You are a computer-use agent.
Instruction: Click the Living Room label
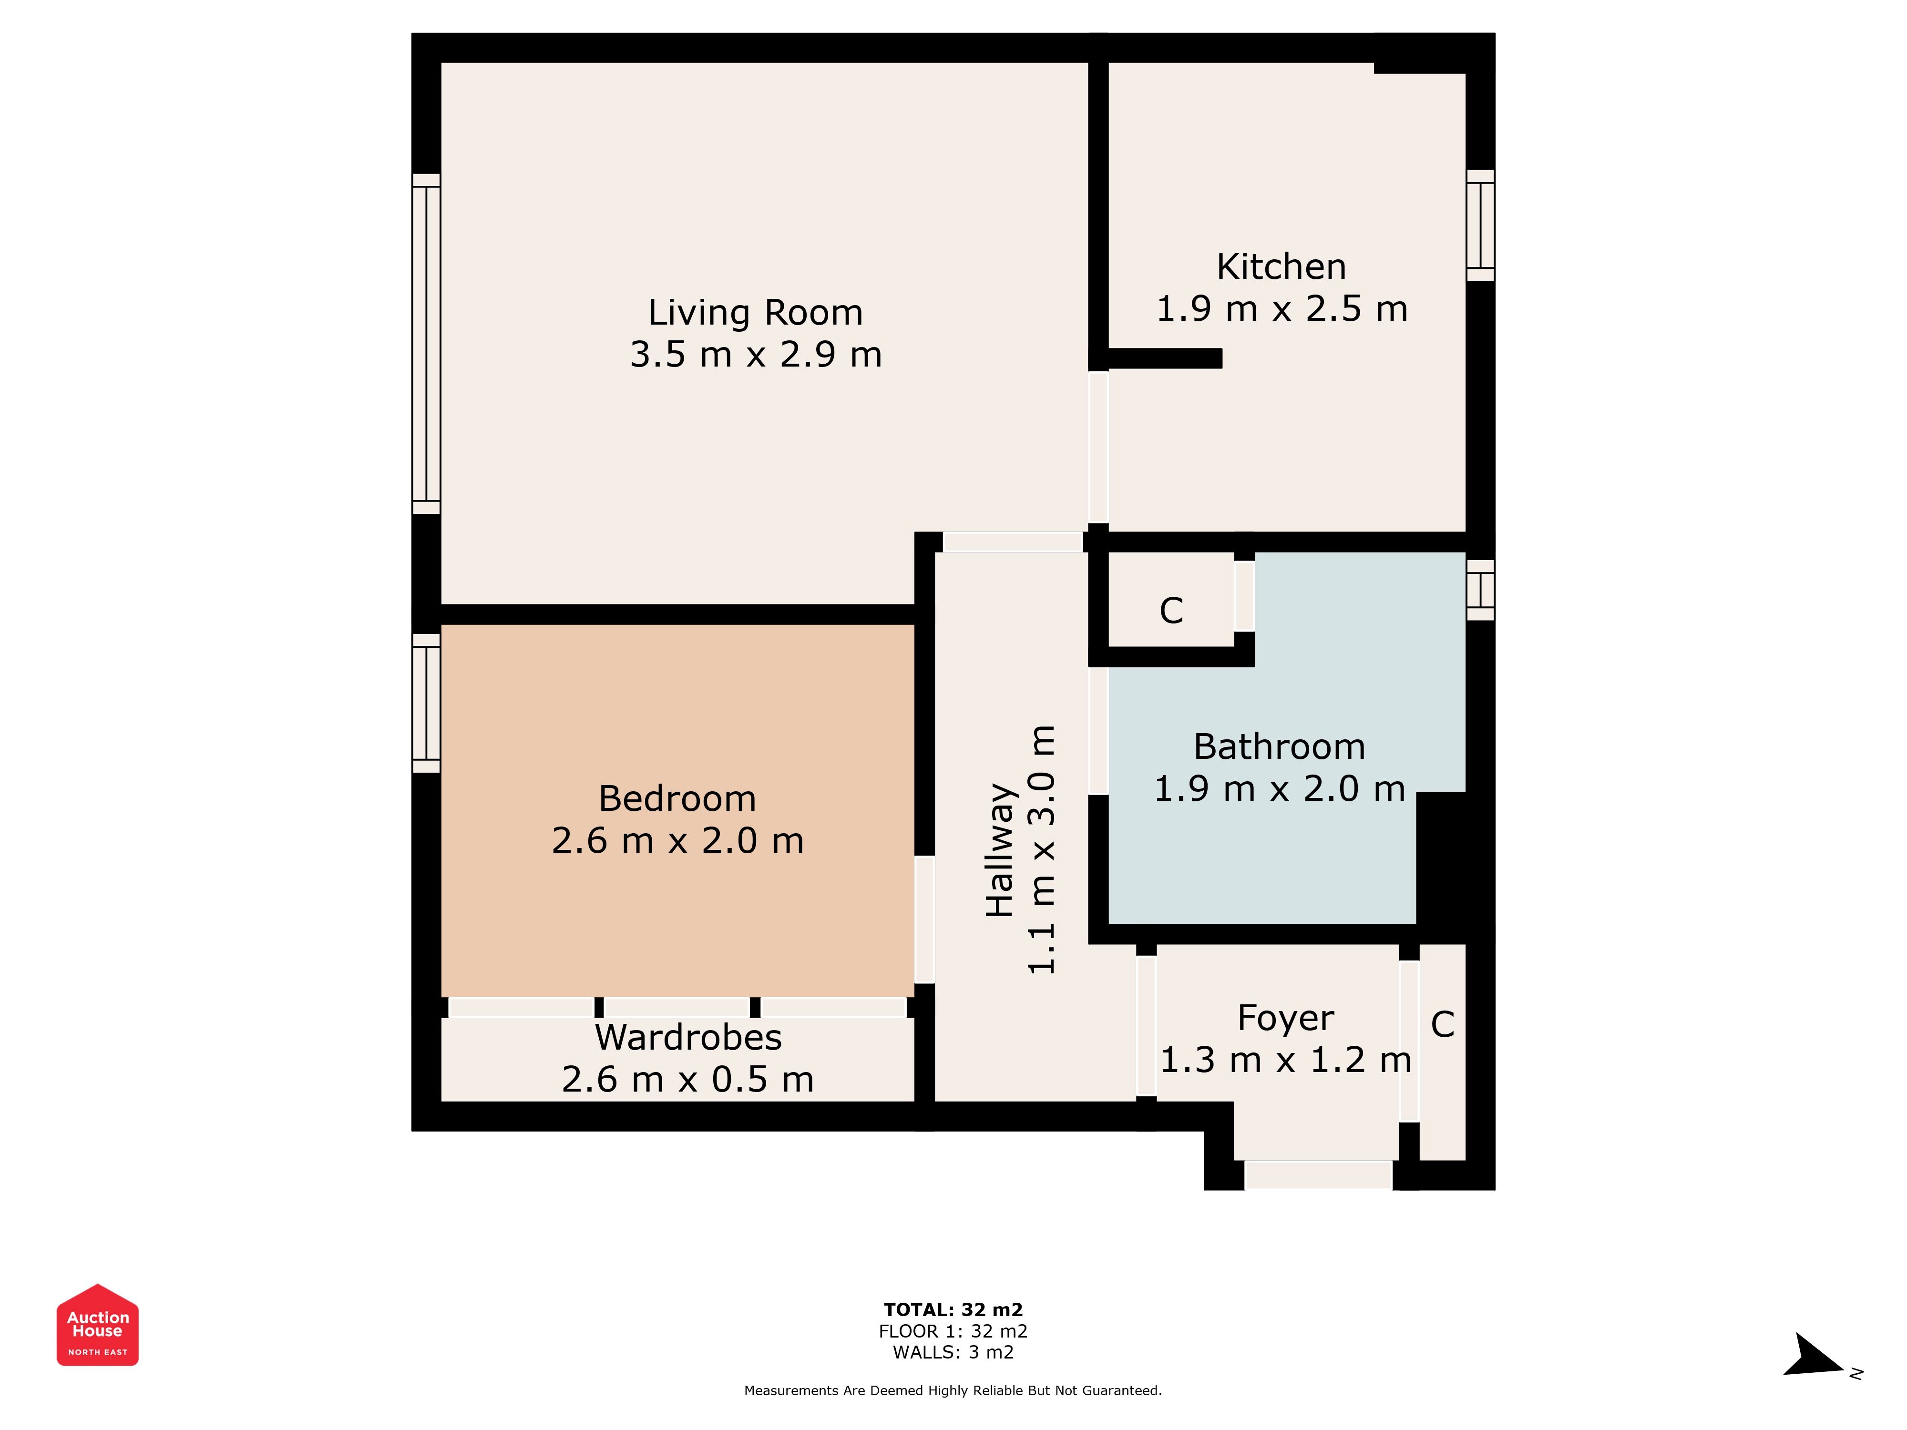point(755,312)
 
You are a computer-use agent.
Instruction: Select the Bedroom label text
point(677,798)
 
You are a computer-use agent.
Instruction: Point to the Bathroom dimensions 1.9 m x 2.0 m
point(1280,789)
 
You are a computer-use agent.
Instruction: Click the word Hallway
point(1000,850)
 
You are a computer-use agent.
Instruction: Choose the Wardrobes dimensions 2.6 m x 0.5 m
point(688,1079)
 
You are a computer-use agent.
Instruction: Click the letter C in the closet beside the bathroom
point(1171,610)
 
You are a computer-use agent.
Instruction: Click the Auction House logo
point(97,1325)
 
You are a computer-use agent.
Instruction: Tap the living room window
point(426,344)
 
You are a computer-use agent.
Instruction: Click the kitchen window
point(1480,226)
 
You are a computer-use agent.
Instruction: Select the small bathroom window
point(1480,591)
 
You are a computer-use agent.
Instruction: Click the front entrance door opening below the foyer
point(1318,1175)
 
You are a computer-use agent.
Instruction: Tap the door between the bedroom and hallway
point(924,919)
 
